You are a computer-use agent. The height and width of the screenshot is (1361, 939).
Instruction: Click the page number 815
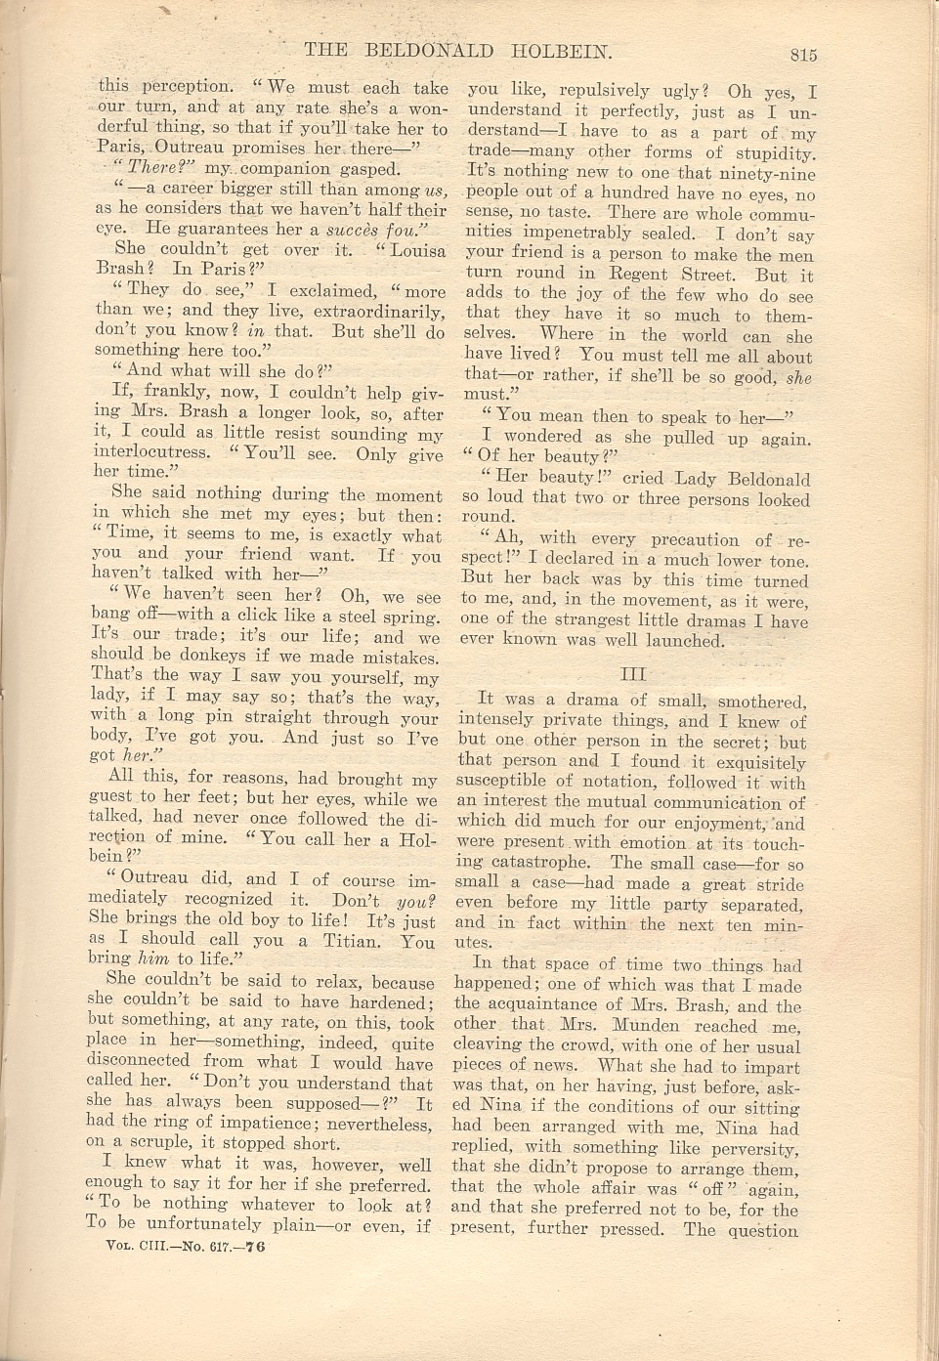click(797, 56)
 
